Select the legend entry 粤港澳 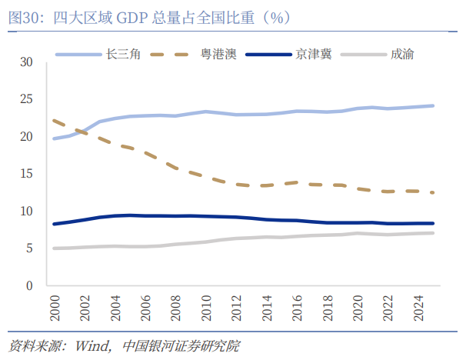pos(218,55)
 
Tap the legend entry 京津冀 pos(314,55)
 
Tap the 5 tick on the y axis pos(31,248)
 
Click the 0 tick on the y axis pos(31,286)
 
